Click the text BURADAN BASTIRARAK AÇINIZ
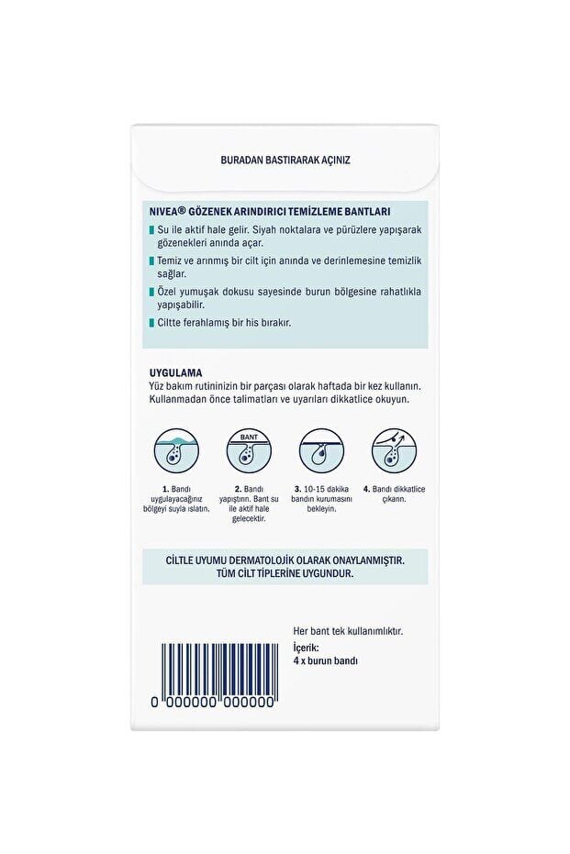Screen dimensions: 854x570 click(285, 159)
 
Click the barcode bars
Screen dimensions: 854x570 click(217, 664)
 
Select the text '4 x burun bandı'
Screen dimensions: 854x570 click(330, 660)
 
